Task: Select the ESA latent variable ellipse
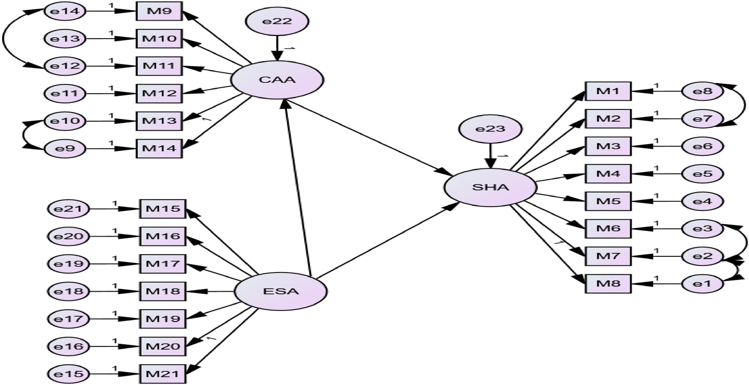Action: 281,291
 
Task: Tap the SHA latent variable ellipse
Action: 490,187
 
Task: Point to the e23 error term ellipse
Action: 490,129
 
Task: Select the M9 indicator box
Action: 159,11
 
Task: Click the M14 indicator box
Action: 159,148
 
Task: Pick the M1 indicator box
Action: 608,91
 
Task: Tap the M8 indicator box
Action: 608,284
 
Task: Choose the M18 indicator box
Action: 163,291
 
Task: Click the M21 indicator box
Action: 163,374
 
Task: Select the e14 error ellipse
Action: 65,11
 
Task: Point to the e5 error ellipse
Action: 702,174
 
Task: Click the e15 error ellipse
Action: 69,374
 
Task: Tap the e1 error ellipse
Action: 702,284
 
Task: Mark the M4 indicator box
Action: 608,174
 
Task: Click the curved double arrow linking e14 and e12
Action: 3,39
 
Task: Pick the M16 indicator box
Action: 163,236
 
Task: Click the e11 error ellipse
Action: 65,93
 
